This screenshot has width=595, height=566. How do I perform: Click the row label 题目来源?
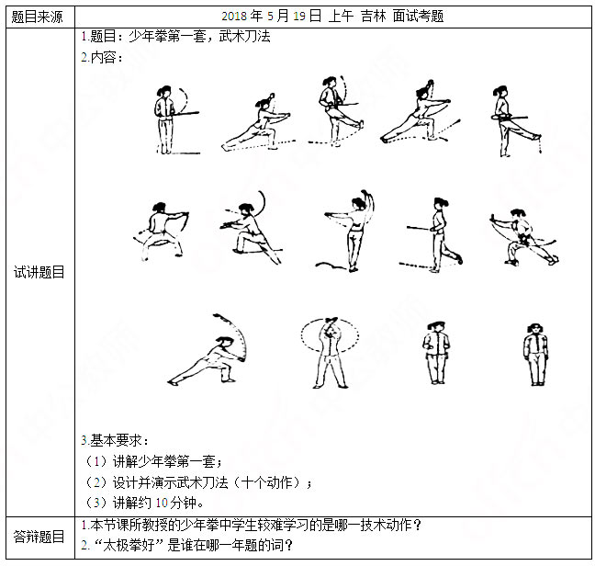pos(37,17)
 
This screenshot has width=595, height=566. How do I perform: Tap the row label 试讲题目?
pos(39,272)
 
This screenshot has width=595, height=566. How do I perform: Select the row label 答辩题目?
pos(39,537)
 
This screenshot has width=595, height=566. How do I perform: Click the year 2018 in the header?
pos(234,16)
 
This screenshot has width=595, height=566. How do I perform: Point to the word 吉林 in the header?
pos(374,16)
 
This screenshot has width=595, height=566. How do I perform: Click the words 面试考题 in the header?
pos(418,16)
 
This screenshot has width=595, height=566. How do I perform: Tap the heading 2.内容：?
pos(102,57)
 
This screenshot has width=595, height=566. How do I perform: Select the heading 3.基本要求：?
pos(115,440)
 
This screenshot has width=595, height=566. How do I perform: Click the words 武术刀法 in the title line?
pos(245,37)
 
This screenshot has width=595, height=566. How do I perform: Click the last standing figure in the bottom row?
pos(536,355)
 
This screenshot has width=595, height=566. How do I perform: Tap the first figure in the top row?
pos(176,119)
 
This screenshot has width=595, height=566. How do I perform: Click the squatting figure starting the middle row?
pos(161,232)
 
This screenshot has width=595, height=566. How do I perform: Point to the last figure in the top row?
pos(516,120)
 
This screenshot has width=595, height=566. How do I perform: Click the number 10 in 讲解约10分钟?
pos(162,503)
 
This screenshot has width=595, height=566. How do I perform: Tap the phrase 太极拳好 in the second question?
pos(129,546)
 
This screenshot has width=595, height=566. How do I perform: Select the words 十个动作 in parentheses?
pos(267,482)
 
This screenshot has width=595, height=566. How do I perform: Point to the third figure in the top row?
pos(336,111)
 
